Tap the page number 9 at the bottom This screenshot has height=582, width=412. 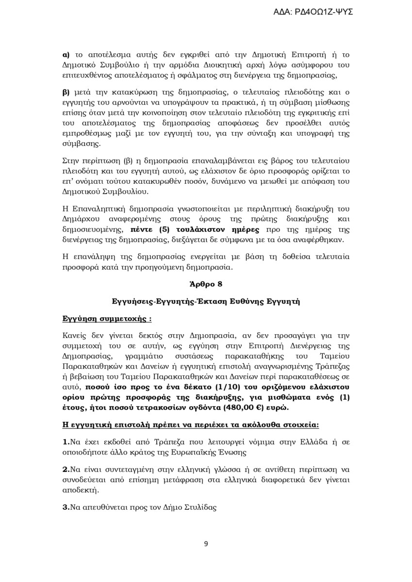206,544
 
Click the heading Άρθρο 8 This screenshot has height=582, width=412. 206,284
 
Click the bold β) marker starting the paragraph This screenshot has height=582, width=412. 66,92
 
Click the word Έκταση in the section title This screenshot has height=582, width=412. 207,302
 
